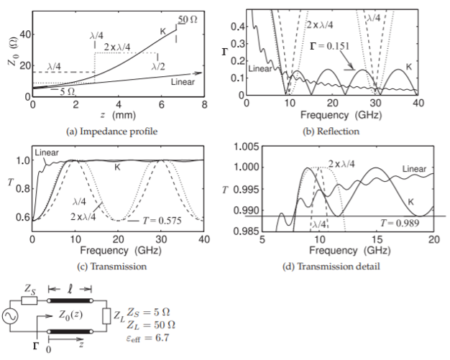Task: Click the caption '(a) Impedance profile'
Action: [118, 131]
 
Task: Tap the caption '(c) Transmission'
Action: [118, 266]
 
